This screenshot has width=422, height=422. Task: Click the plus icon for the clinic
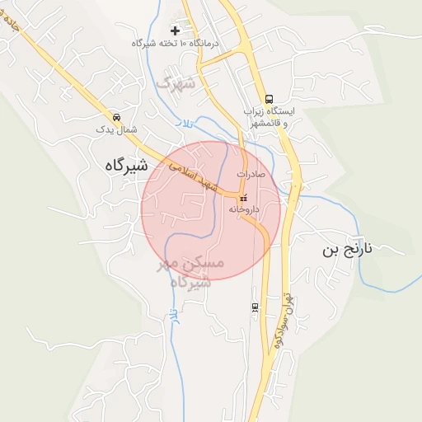coord(174,30)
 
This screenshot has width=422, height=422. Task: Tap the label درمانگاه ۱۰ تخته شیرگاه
coord(175,43)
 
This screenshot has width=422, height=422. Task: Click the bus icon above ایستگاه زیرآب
coord(270,97)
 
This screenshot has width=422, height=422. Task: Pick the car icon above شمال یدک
coord(116,116)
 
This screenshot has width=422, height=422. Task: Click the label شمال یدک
coord(116,129)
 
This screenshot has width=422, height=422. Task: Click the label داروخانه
coord(244,209)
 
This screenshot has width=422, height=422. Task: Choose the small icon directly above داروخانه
coord(243,198)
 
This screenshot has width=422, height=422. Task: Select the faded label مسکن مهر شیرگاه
coord(190,271)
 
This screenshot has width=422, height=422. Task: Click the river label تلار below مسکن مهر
coord(173,316)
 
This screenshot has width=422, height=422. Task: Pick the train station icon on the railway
coord(255,307)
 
